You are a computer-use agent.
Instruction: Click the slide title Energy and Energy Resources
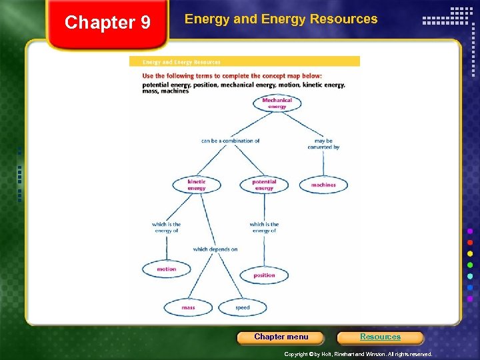pos(281,19)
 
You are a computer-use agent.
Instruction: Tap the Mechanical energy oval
pos(277,103)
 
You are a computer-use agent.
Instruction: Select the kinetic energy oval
pos(196,185)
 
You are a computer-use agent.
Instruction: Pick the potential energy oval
pos(264,185)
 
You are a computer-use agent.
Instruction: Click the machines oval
pos(323,185)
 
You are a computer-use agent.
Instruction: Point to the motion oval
pos(166,269)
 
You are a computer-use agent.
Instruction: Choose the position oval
pos(264,275)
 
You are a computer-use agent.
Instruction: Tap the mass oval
pos(188,307)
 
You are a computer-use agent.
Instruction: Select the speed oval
pos(243,307)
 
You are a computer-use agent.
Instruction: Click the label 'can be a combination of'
pos(230,141)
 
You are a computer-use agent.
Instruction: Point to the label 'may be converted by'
pos(323,144)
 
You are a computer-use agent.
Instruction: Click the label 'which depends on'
pos(215,249)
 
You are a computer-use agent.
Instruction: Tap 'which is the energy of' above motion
pos(166,227)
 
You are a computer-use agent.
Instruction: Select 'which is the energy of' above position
pos(264,227)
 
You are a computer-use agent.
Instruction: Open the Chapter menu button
pos(281,337)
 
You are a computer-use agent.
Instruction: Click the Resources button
pos(380,337)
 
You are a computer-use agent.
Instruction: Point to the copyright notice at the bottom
pos(358,354)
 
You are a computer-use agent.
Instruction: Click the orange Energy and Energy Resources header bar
pos(244,62)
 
